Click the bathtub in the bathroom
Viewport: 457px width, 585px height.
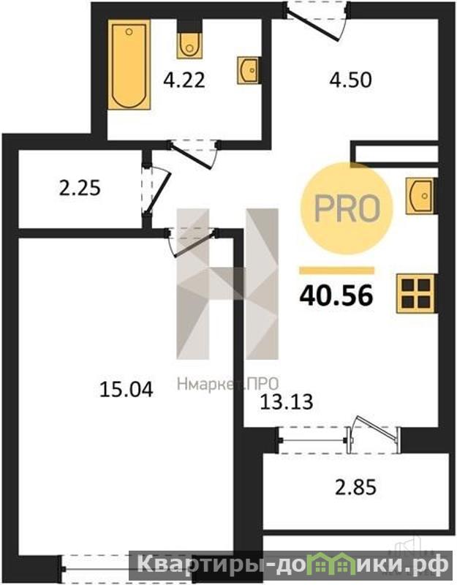[x=129, y=65]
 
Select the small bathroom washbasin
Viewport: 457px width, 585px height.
[x=248, y=69]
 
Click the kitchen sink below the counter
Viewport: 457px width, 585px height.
[x=420, y=195]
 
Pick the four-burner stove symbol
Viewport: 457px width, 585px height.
[x=415, y=293]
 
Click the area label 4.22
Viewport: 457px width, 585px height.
[x=184, y=80]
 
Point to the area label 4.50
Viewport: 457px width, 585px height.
[x=351, y=80]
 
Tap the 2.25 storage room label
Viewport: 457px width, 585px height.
[x=80, y=188]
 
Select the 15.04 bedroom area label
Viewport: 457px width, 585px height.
[x=126, y=390]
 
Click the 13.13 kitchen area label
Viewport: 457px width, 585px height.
[x=287, y=401]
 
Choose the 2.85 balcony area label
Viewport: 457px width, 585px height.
[x=355, y=488]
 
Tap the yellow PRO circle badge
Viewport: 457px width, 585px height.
[x=346, y=208]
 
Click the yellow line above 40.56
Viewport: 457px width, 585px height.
[x=336, y=271]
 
